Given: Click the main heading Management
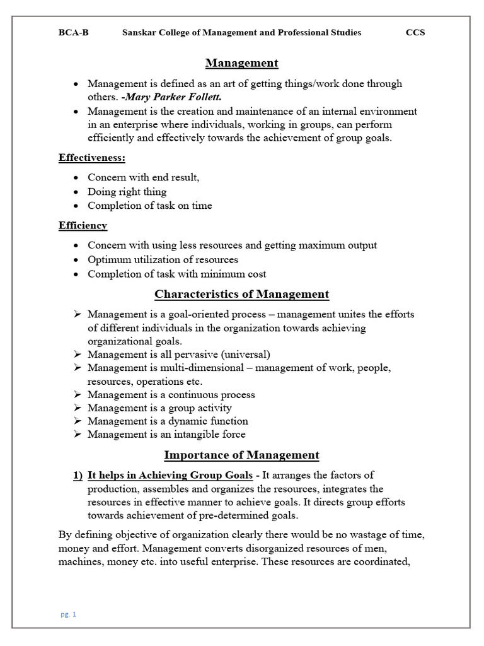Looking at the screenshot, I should pyautogui.click(x=241, y=63).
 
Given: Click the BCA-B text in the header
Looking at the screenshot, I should pyautogui.click(x=73, y=33).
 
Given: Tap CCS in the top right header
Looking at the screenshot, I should pyautogui.click(x=415, y=33).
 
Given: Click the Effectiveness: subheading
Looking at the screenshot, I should pyautogui.click(x=92, y=158).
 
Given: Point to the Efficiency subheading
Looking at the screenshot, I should pyautogui.click(x=83, y=225).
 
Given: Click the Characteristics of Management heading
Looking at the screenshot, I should pyautogui.click(x=241, y=294).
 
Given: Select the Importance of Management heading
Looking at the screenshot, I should pyautogui.click(x=241, y=455).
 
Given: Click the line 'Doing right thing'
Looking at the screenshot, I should pyautogui.click(x=127, y=192).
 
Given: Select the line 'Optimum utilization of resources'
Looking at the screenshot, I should pyautogui.click(x=163, y=259).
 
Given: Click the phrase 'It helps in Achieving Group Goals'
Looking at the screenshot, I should pyautogui.click(x=170, y=475).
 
